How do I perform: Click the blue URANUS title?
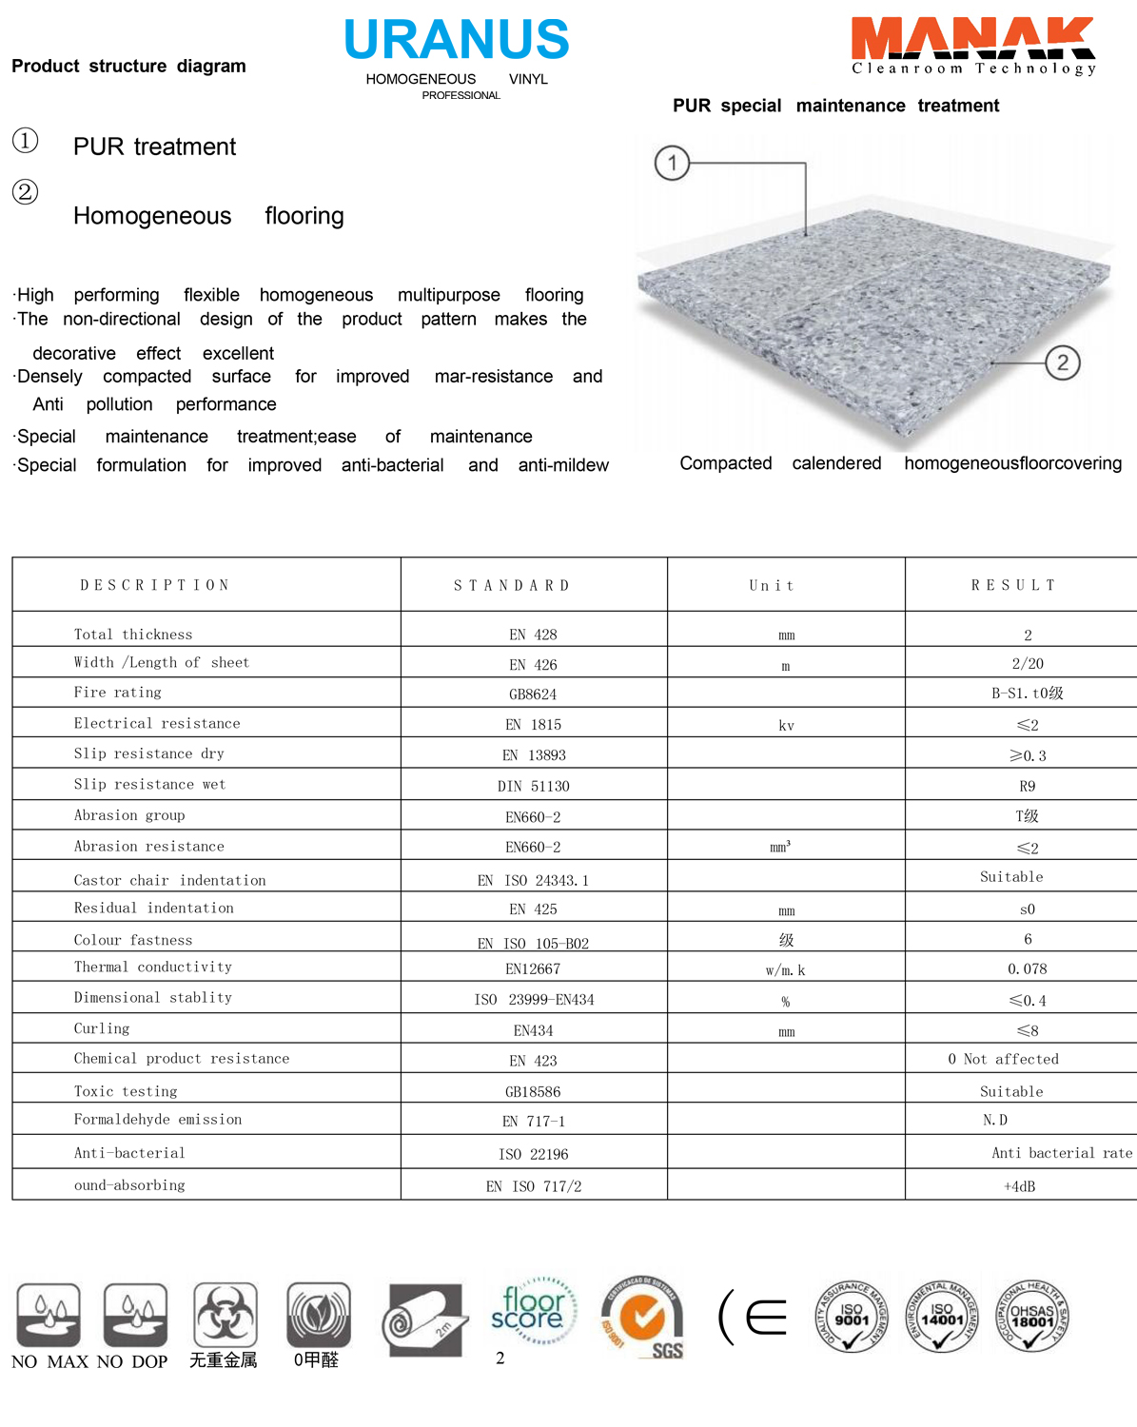tap(457, 40)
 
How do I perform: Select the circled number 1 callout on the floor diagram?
tap(672, 163)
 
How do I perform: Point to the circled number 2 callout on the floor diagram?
tap(1062, 362)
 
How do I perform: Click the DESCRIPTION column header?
tap(155, 585)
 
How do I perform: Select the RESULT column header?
tap(1013, 585)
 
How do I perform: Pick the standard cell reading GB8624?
tap(533, 694)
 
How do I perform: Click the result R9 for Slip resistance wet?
tap(1027, 786)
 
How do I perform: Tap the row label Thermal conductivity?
tap(153, 967)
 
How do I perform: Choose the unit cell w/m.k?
tap(785, 970)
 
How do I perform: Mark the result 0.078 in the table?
tap(1027, 968)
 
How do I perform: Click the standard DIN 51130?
tap(533, 786)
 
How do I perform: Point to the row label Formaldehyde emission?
tap(158, 1120)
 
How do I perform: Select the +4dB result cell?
tap(1019, 1186)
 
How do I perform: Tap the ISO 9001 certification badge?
tap(852, 1317)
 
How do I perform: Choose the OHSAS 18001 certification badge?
tap(1032, 1317)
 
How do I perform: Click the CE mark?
tap(754, 1318)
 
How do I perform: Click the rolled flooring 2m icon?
tap(424, 1319)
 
